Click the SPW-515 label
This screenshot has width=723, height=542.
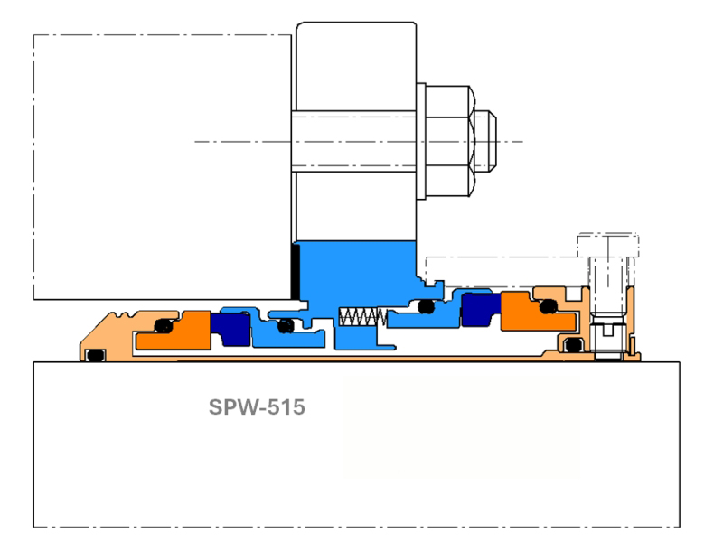[258, 407]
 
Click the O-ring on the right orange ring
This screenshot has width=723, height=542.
[546, 308]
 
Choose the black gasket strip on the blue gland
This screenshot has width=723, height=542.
[295, 271]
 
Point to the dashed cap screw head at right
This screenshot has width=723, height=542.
[606, 244]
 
